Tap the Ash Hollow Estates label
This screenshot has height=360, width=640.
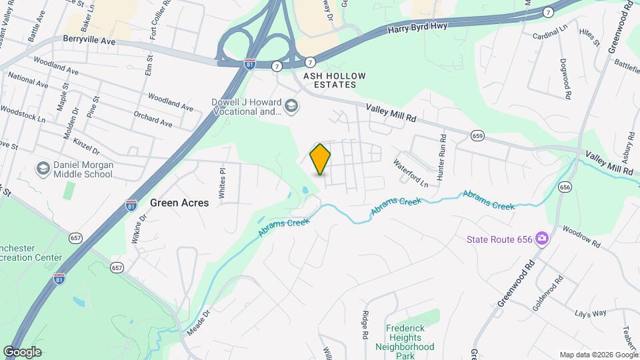tap(335, 81)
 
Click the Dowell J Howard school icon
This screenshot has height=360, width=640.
tap(291, 106)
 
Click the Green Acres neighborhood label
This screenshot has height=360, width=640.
tap(179, 203)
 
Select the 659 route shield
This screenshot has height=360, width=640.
tap(477, 135)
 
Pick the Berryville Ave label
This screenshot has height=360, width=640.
tap(90, 41)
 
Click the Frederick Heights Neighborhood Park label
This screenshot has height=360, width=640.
tap(409, 342)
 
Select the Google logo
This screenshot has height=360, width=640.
tap(21, 352)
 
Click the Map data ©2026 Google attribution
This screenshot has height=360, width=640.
tap(598, 355)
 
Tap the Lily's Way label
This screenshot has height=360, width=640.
tap(591, 313)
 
